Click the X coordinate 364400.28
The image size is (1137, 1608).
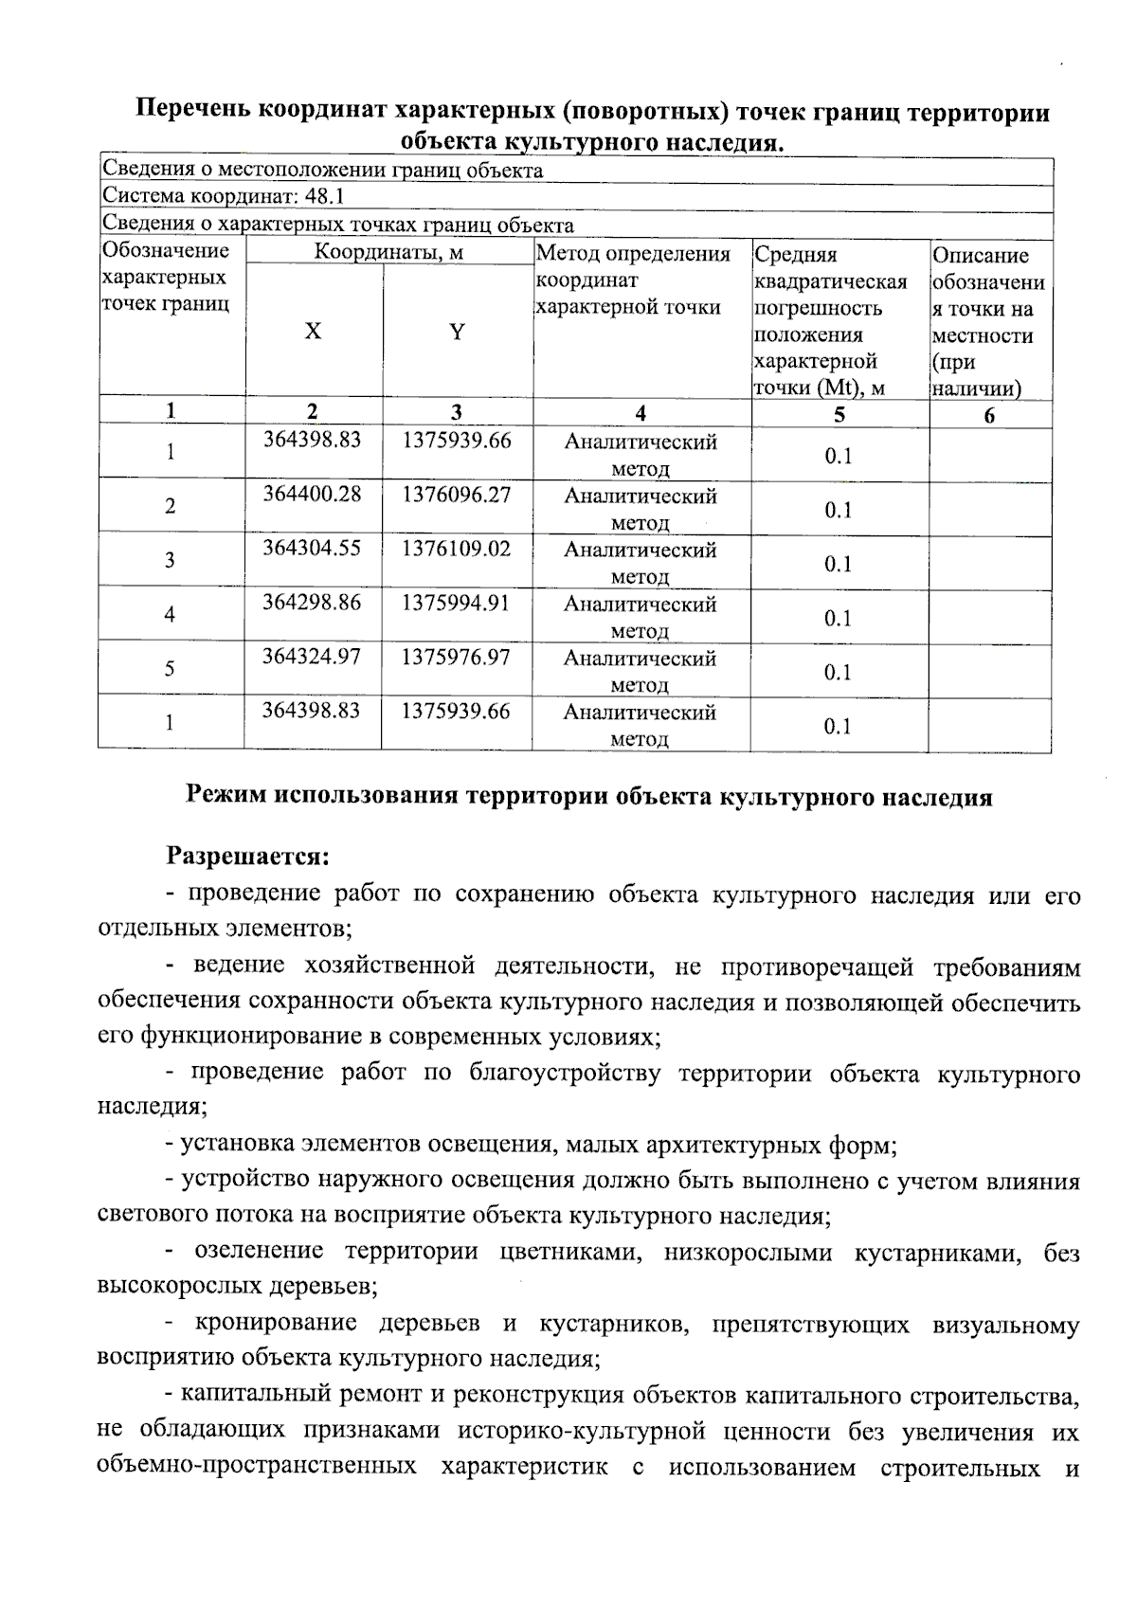312,495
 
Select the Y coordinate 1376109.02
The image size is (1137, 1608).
457,549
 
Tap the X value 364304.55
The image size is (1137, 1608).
312,549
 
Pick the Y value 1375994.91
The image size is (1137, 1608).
457,603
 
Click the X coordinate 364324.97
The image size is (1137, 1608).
312,657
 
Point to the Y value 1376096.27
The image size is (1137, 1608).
457,495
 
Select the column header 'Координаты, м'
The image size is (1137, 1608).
388,253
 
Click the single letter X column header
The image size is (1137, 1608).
313,332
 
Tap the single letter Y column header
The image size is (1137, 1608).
457,332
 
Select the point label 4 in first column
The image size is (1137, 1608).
170,614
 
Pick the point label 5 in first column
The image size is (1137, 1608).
170,669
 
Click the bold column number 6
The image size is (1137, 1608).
989,415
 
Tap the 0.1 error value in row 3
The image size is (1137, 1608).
838,565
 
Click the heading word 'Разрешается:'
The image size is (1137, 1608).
248,857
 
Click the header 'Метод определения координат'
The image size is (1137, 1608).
633,267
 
